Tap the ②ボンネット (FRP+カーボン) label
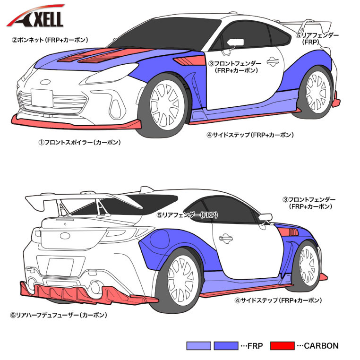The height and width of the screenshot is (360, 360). pyautogui.click(x=50, y=40)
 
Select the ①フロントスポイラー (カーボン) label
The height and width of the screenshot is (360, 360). pyautogui.click(x=79, y=142)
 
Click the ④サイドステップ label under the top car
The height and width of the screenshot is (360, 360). pyautogui.click(x=250, y=135)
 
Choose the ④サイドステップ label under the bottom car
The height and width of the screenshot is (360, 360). pyautogui.click(x=278, y=300)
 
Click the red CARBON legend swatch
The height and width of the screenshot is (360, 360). pyautogui.click(x=282, y=346)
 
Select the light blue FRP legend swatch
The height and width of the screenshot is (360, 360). pyautogui.click(x=198, y=346)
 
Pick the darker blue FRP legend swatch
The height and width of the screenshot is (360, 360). pyautogui.click(x=226, y=346)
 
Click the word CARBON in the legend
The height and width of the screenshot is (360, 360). pyautogui.click(x=321, y=346)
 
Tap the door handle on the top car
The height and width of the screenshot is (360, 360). pyautogui.click(x=273, y=61)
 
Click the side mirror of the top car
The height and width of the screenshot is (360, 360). pyautogui.click(x=235, y=43)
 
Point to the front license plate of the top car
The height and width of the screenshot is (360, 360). pyautogui.click(x=42, y=98)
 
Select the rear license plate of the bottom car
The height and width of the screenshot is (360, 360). pyautogui.click(x=60, y=267)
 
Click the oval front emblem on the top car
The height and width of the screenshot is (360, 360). pyautogui.click(x=45, y=82)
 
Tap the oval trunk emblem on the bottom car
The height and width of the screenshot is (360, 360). pyautogui.click(x=65, y=236)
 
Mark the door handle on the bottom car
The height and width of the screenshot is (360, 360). pyautogui.click(x=226, y=238)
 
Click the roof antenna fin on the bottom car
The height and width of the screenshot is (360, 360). pyautogui.click(x=146, y=190)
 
